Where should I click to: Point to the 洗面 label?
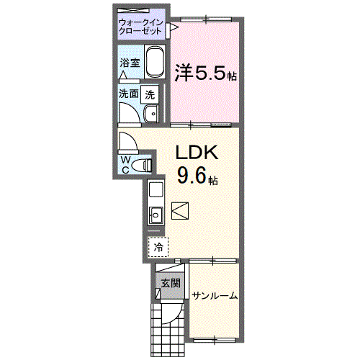coord(129,93)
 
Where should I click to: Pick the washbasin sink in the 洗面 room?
coord(152,114)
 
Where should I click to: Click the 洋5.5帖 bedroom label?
coord(206,73)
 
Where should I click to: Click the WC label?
coord(125,163)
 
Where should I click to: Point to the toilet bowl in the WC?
coord(145,165)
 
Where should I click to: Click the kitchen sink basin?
coord(154,213)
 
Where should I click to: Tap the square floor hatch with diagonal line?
coord(180,211)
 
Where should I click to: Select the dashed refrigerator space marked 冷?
coord(157,246)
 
